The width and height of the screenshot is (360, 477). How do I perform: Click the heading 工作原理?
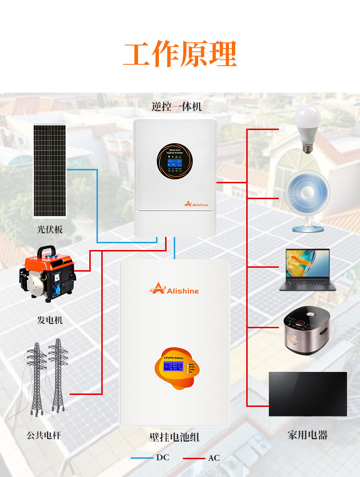pos(180,54)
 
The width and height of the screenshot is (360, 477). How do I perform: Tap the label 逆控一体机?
pos(176,107)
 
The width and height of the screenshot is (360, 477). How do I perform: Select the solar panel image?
pos(49,170)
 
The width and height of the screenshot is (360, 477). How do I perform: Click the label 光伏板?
pos(50,229)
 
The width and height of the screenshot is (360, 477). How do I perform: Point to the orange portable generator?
pos(48,275)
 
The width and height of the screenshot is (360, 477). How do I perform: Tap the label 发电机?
pos(50,320)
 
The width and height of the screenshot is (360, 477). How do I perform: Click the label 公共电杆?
pos(44,435)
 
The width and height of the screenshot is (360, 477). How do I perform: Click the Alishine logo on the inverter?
pos(196,203)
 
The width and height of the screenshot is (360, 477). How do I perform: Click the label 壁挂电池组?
pos(174,437)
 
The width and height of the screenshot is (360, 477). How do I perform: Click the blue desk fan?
pos(307,202)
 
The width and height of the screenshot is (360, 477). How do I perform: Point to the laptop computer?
pos(307,269)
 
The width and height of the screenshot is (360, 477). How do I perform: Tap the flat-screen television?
pos(308,394)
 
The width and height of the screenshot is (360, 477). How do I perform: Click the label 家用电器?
pos(307,435)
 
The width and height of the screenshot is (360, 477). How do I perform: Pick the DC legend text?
pos(163,457)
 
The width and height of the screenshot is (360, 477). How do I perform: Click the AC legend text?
pos(214,458)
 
